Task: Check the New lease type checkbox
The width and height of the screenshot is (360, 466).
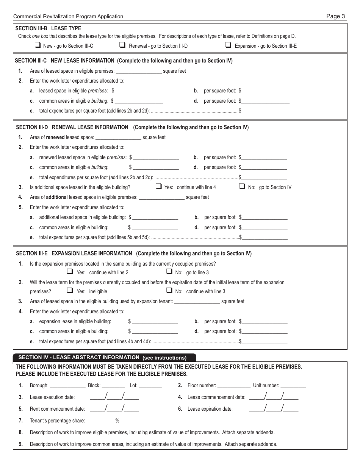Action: click(x=38, y=45)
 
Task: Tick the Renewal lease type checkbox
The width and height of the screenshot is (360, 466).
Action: click(x=122, y=45)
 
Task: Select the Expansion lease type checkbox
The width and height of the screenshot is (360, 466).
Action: click(x=228, y=45)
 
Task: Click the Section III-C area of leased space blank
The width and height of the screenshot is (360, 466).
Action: click(x=139, y=71)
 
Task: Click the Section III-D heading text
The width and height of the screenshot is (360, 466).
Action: click(x=131, y=127)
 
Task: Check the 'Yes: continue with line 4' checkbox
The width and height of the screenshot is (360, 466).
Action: click(x=159, y=186)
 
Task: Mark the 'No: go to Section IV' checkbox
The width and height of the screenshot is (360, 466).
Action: click(x=242, y=186)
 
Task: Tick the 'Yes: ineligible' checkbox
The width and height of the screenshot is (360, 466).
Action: click(x=70, y=291)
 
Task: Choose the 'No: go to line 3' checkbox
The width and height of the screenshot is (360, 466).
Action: click(x=169, y=272)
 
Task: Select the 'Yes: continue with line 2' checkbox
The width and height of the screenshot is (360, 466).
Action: click(x=70, y=272)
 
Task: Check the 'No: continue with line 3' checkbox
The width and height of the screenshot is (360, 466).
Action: click(x=169, y=291)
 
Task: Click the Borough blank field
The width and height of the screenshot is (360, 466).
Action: click(x=67, y=386)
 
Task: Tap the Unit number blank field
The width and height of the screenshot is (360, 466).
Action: click(x=293, y=386)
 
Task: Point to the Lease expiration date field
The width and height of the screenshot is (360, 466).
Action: click(x=274, y=409)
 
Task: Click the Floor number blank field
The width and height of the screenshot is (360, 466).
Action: click(x=234, y=386)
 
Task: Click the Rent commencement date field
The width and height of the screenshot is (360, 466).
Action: click(x=114, y=409)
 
